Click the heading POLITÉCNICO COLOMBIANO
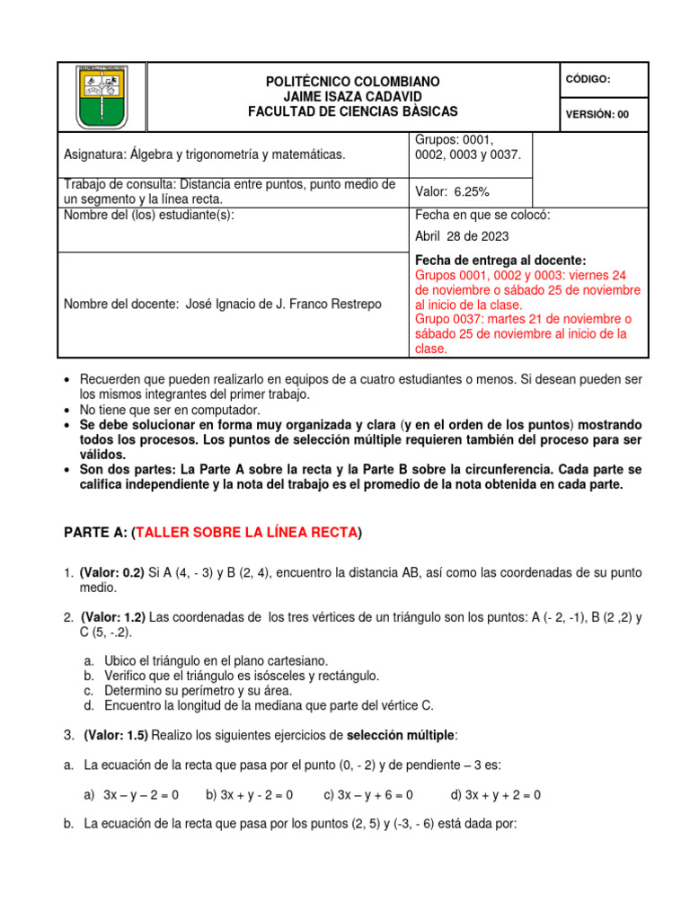352,82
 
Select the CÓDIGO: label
588,79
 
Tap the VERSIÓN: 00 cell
598,114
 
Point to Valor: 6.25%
451,191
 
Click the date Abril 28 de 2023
462,236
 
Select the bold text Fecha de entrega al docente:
500,260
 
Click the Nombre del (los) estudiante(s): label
149,216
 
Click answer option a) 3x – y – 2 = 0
131,795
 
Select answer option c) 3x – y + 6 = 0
368,795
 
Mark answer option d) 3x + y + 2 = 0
495,795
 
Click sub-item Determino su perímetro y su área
198,690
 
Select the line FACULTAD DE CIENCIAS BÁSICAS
352,111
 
